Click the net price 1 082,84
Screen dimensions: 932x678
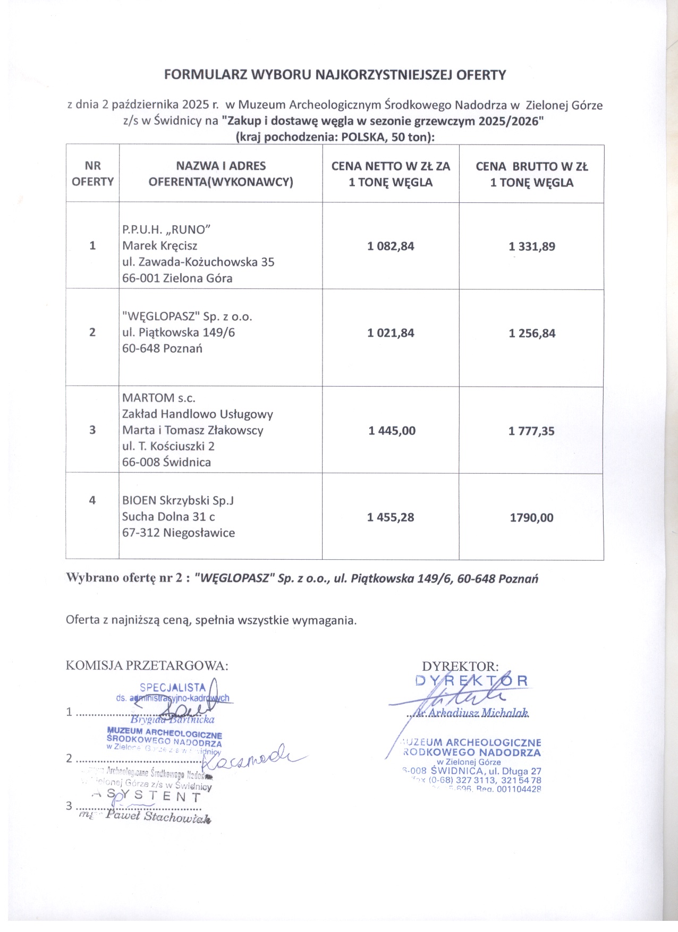tap(391, 246)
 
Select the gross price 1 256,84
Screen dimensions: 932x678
tap(532, 334)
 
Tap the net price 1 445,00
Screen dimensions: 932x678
tap(392, 431)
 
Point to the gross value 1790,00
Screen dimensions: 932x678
tap(531, 518)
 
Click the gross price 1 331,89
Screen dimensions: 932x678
tap(532, 246)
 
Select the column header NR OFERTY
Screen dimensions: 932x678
tap(92, 174)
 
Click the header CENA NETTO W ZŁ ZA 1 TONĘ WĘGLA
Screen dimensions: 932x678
tap(391, 174)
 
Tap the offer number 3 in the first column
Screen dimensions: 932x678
tap(92, 430)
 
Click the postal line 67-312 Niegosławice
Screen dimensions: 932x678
tap(178, 533)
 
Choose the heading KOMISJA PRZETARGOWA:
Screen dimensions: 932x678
tap(147, 665)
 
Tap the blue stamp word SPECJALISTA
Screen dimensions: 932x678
tap(172, 687)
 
